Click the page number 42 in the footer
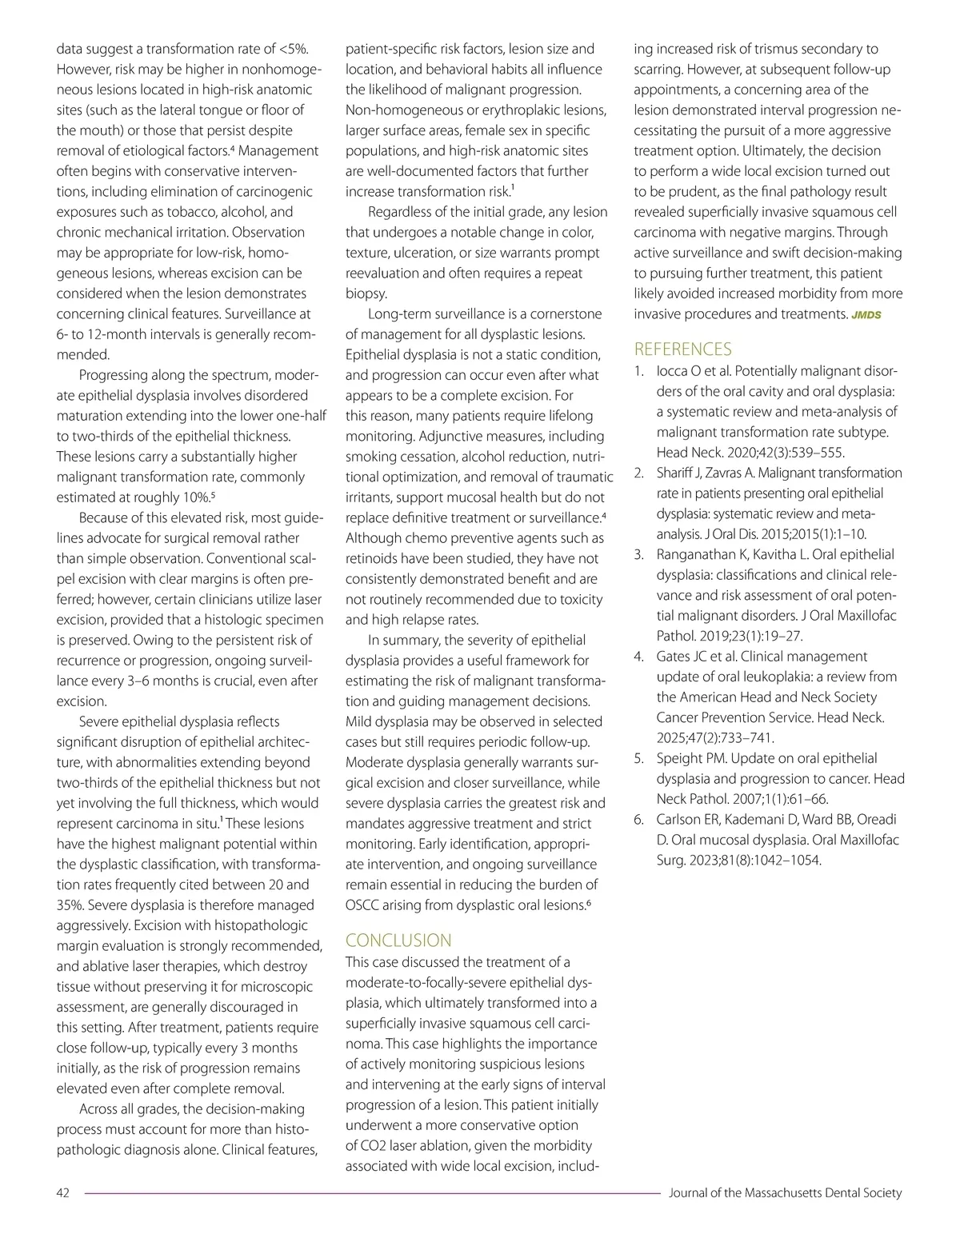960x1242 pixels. point(63,1193)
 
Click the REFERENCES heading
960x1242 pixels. point(682,349)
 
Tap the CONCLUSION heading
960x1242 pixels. point(398,940)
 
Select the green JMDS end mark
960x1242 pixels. point(866,315)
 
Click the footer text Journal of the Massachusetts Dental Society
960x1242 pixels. point(784,1193)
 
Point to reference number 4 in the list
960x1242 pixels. point(639,657)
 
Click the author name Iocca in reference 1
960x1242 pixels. point(674,371)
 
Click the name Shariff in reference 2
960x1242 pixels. point(677,473)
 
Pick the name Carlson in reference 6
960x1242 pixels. point(680,819)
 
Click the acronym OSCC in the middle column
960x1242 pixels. point(363,905)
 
